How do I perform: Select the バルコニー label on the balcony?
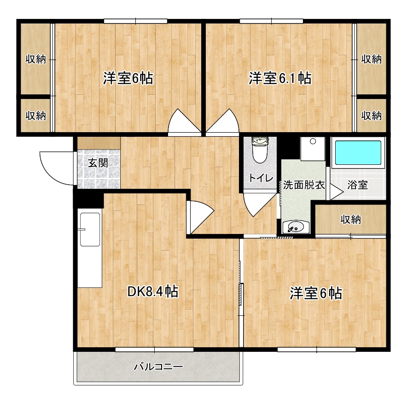pyautogui.click(x=158, y=367)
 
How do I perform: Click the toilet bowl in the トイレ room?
pyautogui.click(x=260, y=152)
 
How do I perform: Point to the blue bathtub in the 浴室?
pyautogui.click(x=358, y=153)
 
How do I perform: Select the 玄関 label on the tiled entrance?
pyautogui.click(x=98, y=163)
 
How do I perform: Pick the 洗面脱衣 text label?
pyautogui.click(x=304, y=186)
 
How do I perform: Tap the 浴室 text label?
pyautogui.click(x=357, y=186)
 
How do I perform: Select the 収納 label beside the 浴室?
pyautogui.click(x=350, y=220)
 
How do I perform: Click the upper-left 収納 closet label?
pyautogui.click(x=35, y=59)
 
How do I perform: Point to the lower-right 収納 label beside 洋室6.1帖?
pyautogui.click(x=371, y=115)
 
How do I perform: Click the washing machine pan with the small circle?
pyautogui.click(x=313, y=148)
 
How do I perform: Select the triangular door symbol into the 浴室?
pyautogui.click(x=335, y=192)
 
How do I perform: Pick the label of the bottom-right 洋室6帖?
pyautogui.click(x=315, y=293)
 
